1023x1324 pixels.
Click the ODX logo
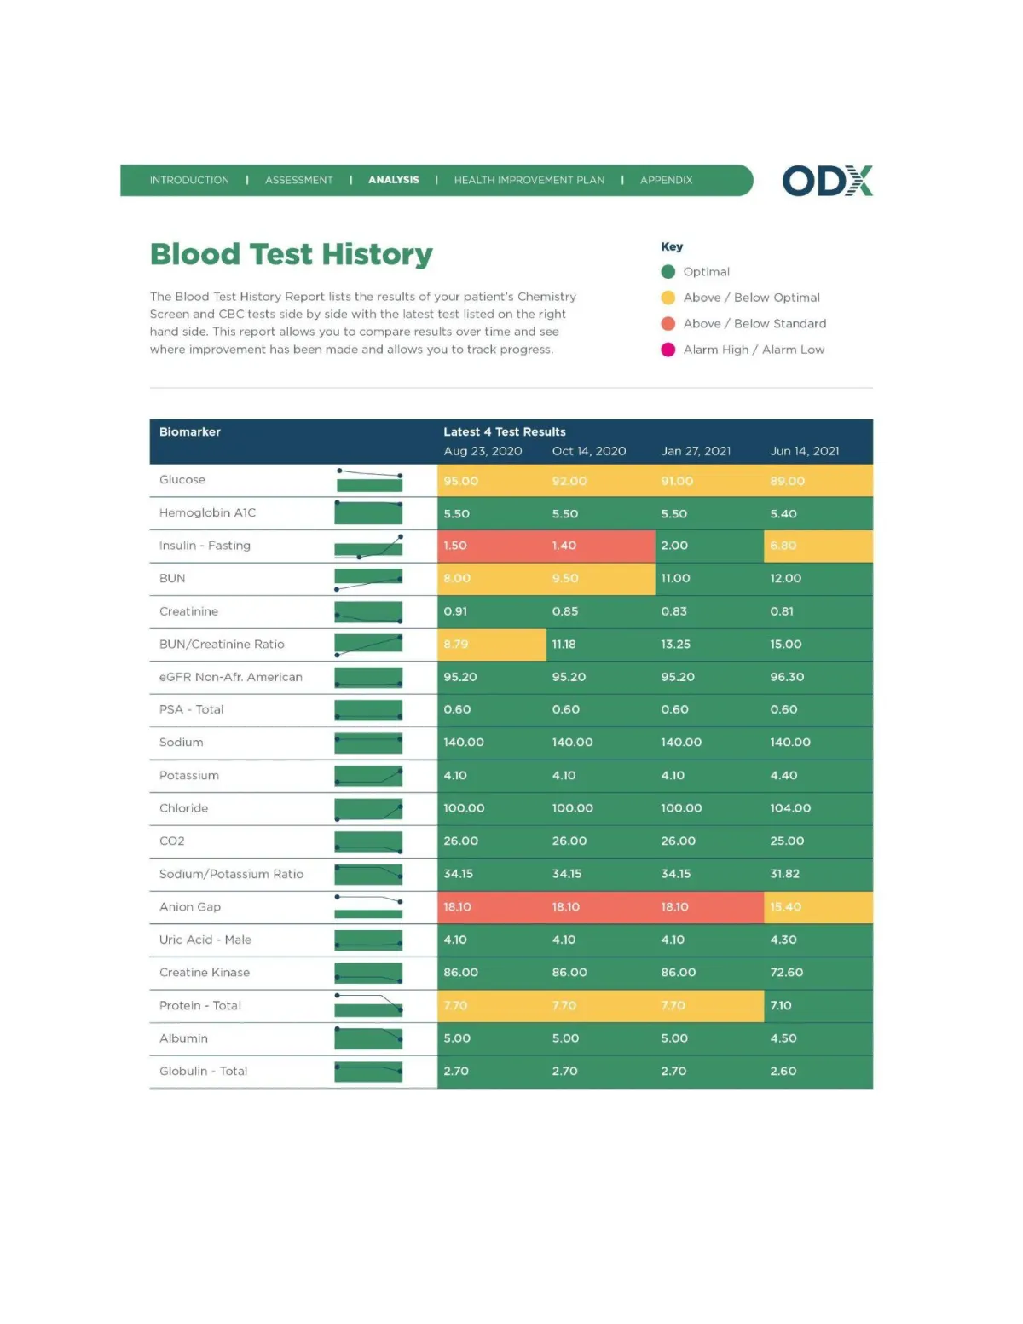(x=827, y=181)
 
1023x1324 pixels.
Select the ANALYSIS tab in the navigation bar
(x=394, y=180)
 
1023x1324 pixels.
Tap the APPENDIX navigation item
(x=666, y=180)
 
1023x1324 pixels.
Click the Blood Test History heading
(x=292, y=254)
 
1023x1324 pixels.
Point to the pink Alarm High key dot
(x=668, y=350)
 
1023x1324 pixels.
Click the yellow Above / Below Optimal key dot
(x=668, y=298)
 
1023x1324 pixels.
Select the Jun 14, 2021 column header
(x=804, y=451)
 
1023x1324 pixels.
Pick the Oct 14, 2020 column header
(x=588, y=451)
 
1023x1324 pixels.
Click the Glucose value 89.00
(x=787, y=481)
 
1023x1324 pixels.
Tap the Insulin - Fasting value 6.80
(x=783, y=546)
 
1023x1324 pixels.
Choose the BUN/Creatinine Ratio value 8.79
(x=456, y=644)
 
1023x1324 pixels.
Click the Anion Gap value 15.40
(x=785, y=906)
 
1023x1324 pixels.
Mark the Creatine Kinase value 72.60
(x=786, y=973)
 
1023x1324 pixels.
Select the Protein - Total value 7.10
(x=781, y=1005)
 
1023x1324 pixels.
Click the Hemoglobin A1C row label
(x=207, y=512)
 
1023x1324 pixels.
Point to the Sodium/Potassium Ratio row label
(x=231, y=874)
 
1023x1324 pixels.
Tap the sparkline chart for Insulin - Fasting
(x=368, y=546)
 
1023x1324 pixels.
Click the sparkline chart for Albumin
(x=368, y=1038)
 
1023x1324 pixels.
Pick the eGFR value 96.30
(x=787, y=677)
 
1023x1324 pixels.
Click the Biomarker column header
(x=189, y=431)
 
